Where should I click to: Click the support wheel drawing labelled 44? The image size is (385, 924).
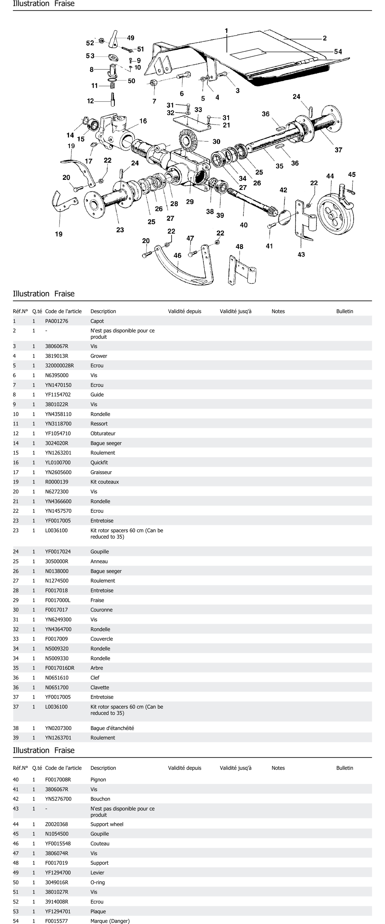tap(335, 214)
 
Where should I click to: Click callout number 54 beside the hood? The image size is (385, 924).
tap(338, 52)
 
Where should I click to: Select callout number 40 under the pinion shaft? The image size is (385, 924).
tap(244, 225)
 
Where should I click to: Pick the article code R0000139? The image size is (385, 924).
tap(56, 482)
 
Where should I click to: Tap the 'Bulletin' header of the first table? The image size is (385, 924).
tap(344, 311)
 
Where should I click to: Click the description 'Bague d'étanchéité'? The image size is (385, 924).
tap(112, 728)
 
